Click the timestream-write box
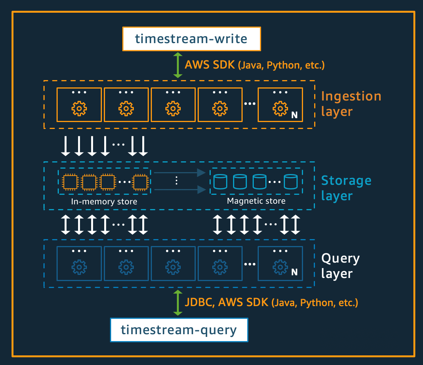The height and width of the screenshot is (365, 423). tap(192, 39)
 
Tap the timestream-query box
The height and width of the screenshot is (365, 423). tap(179, 330)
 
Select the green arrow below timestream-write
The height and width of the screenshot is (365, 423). tap(178, 65)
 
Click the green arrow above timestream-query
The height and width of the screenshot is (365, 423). tap(178, 303)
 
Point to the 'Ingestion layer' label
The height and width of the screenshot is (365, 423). tap(351, 104)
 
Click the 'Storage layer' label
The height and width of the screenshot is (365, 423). tap(346, 188)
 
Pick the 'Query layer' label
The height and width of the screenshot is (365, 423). tap(340, 266)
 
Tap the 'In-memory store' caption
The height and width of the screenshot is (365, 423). tap(104, 201)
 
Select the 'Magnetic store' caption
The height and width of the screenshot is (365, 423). tap(256, 201)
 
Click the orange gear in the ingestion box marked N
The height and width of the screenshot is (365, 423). tap(280, 109)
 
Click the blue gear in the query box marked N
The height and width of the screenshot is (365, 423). tap(280, 266)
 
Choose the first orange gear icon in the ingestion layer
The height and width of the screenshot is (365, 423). tap(79, 109)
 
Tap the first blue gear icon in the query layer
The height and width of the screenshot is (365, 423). tap(79, 266)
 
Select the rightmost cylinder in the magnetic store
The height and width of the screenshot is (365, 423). tap(291, 181)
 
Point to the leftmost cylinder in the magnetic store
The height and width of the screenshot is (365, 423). tap(220, 181)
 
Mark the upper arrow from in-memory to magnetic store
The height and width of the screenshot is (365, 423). tap(178, 173)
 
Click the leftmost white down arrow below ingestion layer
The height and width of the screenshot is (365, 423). tap(66, 146)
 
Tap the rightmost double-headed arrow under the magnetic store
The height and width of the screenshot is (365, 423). tap(295, 225)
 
